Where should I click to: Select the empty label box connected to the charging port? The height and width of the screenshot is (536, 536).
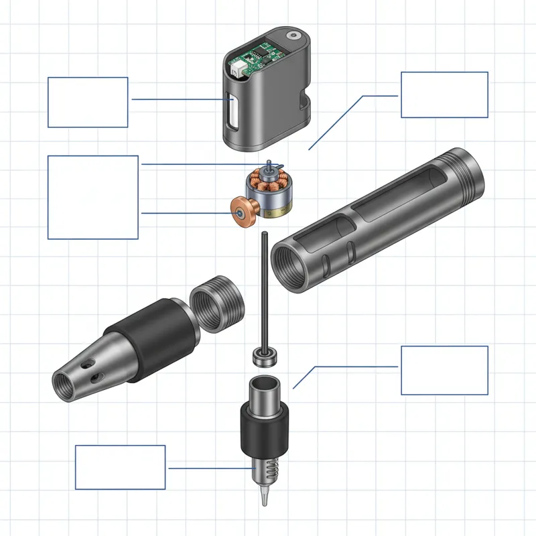click(x=88, y=102)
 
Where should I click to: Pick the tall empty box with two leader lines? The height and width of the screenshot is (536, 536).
click(x=93, y=197)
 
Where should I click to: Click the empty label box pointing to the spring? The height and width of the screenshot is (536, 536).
click(x=120, y=467)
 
